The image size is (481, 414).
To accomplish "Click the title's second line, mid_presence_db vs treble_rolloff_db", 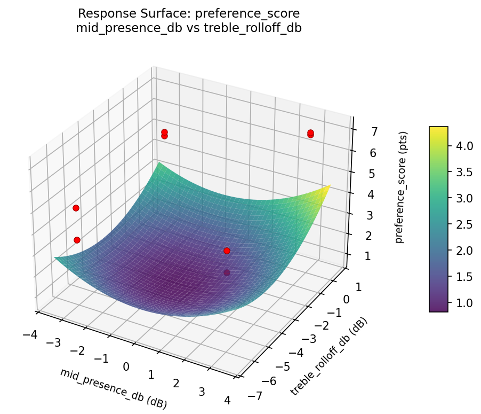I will click(189, 28).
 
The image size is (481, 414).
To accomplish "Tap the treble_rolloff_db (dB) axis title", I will click(328, 356).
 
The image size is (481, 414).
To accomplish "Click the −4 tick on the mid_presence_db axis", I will click(30, 335).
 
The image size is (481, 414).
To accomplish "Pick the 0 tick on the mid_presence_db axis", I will click(126, 366).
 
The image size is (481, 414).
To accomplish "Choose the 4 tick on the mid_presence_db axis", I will click(228, 400).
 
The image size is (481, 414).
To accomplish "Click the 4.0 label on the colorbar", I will click(464, 146).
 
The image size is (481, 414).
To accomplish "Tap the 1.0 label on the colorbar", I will click(464, 303).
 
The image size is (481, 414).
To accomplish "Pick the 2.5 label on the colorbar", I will click(464, 224).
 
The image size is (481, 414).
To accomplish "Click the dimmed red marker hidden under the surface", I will click(227, 272).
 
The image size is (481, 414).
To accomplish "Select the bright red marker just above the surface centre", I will click(227, 251).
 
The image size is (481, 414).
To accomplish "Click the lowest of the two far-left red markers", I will click(77, 240).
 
